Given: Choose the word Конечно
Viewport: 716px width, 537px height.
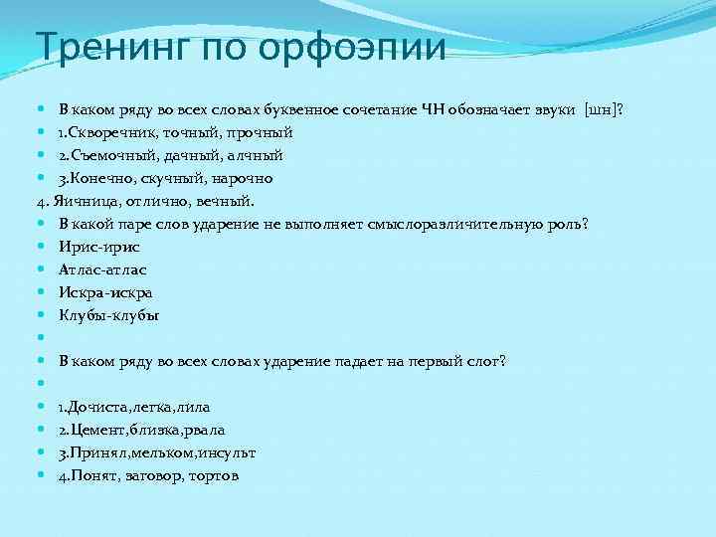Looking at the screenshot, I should (x=103, y=178).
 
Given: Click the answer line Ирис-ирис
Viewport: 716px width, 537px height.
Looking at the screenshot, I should (x=98, y=247).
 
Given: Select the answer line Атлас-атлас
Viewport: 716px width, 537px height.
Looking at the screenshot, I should (x=102, y=269).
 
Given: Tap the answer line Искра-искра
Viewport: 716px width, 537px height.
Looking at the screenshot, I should (x=105, y=292).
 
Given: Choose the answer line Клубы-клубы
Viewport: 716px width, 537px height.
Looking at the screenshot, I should (x=108, y=315).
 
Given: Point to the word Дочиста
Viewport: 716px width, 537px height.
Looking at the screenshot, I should (x=100, y=407).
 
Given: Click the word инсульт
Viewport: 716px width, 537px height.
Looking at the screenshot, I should (x=228, y=452).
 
